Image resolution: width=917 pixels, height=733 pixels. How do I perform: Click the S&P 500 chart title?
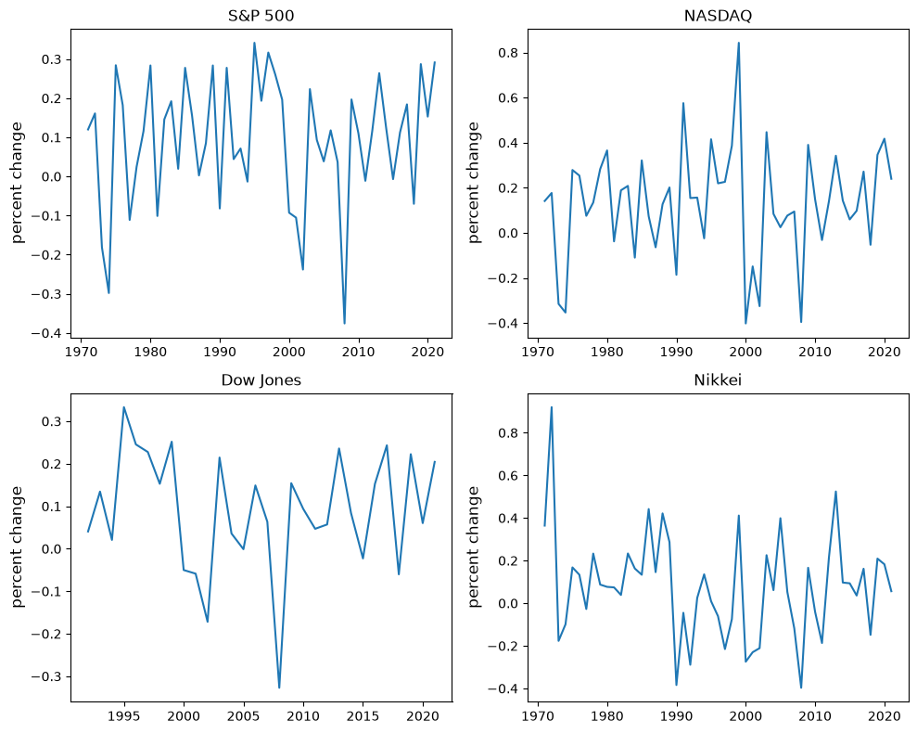point(261,15)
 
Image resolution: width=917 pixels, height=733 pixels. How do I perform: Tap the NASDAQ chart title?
point(718,15)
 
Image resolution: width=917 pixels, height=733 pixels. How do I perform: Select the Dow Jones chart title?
point(261,380)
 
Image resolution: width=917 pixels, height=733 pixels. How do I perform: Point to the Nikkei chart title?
point(718,380)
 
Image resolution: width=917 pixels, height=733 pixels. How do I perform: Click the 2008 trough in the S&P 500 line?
point(345,323)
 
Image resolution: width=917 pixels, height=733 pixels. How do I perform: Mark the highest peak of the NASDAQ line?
point(739,43)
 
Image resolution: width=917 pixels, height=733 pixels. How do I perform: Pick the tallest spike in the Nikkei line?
point(552,407)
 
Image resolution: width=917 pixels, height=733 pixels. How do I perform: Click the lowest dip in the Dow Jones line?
point(279,688)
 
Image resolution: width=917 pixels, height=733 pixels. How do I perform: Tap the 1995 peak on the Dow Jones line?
point(124,407)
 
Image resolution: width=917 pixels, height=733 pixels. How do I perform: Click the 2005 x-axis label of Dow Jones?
point(243,716)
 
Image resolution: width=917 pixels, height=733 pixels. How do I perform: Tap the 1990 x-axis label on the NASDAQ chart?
point(677,352)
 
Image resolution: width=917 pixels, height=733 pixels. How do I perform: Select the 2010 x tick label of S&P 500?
point(358,352)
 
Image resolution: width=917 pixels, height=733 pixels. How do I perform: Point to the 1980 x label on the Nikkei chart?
point(607,716)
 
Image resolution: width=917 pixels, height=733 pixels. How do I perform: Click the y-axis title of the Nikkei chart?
point(474,547)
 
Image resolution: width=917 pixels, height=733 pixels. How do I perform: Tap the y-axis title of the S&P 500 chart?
point(17,183)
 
